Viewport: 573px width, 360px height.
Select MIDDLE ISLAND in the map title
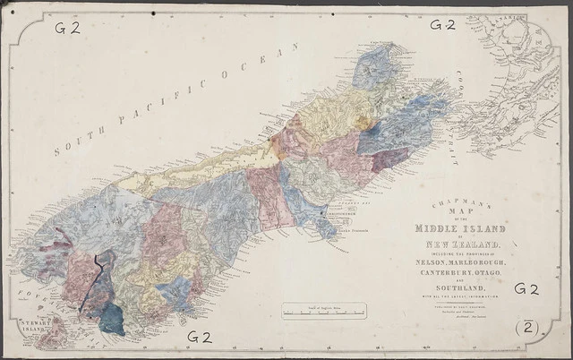click(463, 228)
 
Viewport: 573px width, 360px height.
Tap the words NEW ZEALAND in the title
click(463, 244)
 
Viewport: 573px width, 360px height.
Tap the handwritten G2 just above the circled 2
click(526, 289)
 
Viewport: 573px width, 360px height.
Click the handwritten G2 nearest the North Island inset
click(442, 24)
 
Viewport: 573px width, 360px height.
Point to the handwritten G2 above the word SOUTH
click(67, 27)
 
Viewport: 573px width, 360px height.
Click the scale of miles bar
click(323, 313)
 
